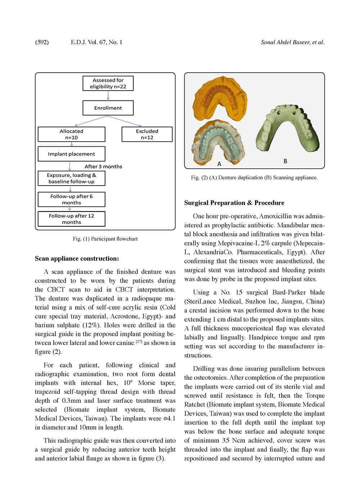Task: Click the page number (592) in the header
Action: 42,42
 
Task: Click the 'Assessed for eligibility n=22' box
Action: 108,83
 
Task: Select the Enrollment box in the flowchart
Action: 108,108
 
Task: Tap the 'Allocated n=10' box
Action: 71,134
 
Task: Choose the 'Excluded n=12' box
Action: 147,134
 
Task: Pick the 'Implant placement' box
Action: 71,154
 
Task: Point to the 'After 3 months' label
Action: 103,167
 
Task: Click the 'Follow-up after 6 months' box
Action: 71,199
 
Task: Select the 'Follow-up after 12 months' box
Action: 71,219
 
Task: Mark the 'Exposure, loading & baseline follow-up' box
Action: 71,178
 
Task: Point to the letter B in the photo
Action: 285,161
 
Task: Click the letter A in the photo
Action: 219,164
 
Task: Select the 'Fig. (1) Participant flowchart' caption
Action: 105,239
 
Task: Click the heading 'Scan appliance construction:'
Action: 77,259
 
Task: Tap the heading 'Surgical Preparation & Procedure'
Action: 234,203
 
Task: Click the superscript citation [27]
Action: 139,341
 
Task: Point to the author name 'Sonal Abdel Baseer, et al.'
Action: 293,42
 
